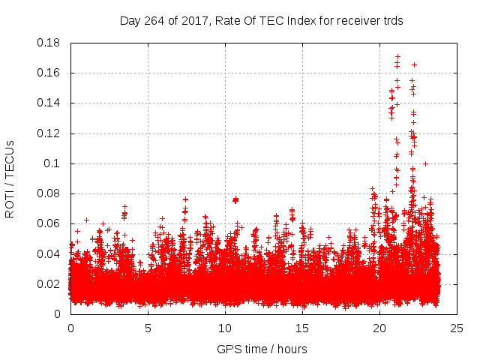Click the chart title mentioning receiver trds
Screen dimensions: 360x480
(x=262, y=21)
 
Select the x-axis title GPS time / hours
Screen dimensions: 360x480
(x=262, y=349)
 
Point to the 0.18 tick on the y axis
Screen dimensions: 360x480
(x=49, y=43)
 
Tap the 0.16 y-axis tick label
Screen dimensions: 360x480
(x=49, y=73)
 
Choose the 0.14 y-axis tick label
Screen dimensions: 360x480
(x=49, y=103)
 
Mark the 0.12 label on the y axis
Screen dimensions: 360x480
(x=49, y=133)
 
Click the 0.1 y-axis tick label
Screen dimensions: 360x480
(x=53, y=163)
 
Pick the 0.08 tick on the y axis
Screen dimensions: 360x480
(x=49, y=193)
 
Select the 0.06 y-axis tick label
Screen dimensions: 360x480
(x=49, y=223)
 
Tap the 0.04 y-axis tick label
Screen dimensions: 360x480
(x=49, y=253)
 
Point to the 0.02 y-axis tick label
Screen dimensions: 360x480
(x=49, y=283)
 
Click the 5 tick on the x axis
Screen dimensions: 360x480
(x=148, y=328)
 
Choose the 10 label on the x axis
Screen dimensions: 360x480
(x=225, y=328)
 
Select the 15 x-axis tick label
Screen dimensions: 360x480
(x=302, y=328)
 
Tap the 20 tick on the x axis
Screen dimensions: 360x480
(x=379, y=328)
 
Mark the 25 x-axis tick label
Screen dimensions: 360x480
(x=457, y=328)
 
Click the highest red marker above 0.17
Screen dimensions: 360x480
(x=397, y=56)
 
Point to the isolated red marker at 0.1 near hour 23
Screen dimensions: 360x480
(x=425, y=163)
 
